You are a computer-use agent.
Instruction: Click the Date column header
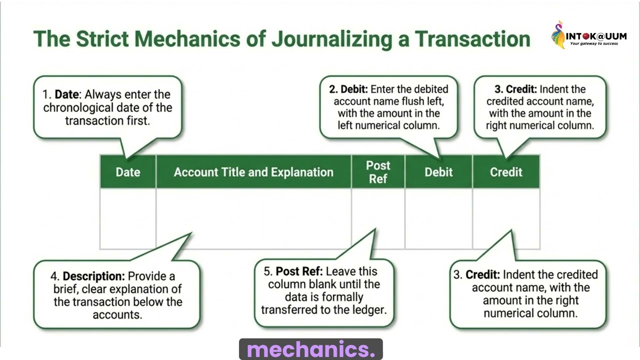click(128, 172)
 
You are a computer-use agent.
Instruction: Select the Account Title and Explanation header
click(253, 172)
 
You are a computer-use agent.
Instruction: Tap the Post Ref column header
click(378, 172)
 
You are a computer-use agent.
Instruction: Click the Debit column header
click(438, 172)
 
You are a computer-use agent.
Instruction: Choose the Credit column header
click(506, 172)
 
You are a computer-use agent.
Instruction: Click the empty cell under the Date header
click(128, 218)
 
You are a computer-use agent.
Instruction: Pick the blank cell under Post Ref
click(378, 218)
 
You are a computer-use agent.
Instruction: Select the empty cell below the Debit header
click(438, 218)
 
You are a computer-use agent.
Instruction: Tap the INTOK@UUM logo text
click(596, 36)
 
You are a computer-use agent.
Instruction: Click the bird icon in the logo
click(558, 35)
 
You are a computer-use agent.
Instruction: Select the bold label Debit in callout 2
click(354, 89)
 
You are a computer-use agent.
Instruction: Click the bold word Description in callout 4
click(93, 276)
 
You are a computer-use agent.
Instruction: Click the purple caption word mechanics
click(310, 350)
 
